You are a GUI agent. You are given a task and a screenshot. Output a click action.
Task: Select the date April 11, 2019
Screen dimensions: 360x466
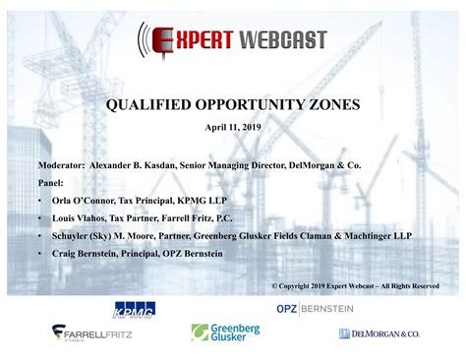click(x=233, y=127)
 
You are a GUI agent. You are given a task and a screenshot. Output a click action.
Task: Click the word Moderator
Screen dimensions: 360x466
click(x=61, y=166)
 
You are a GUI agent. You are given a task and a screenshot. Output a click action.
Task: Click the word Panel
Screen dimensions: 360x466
click(x=51, y=182)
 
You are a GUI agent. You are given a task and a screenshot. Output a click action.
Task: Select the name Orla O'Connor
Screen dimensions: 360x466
click(x=83, y=200)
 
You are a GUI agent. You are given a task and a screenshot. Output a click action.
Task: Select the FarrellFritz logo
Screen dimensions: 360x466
click(x=93, y=332)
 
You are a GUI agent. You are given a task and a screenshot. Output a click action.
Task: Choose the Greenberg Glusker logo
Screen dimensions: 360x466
click(x=225, y=332)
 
